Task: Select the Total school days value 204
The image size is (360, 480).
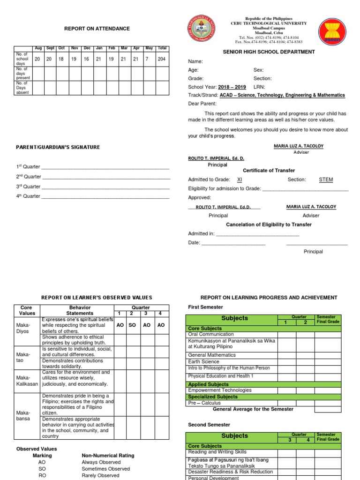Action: point(162,59)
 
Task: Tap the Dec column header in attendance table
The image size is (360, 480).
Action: point(87,48)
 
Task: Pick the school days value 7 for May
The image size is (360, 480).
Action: point(149,59)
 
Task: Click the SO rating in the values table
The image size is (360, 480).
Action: point(132,325)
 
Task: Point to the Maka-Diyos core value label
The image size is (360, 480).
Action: point(23,328)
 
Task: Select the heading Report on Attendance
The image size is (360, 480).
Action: point(97,29)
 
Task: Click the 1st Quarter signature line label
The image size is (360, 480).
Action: point(28,167)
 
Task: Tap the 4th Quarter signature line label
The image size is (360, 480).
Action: point(28,196)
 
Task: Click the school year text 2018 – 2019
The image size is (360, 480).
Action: point(232,87)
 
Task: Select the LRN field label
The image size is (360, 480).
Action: point(259,87)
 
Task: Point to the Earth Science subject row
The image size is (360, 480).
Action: point(203,361)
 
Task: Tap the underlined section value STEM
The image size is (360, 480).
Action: point(326,180)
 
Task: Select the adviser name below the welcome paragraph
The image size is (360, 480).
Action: point(298,146)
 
